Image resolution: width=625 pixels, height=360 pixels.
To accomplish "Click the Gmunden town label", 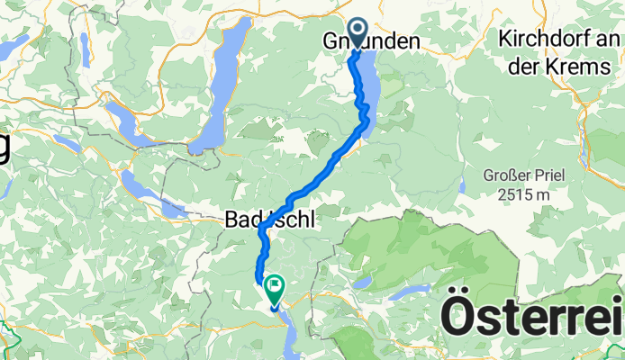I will pos(371,41).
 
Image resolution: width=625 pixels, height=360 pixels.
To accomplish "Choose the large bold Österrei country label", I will pos(531,319).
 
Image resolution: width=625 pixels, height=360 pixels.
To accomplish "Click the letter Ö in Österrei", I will pos(457,319).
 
